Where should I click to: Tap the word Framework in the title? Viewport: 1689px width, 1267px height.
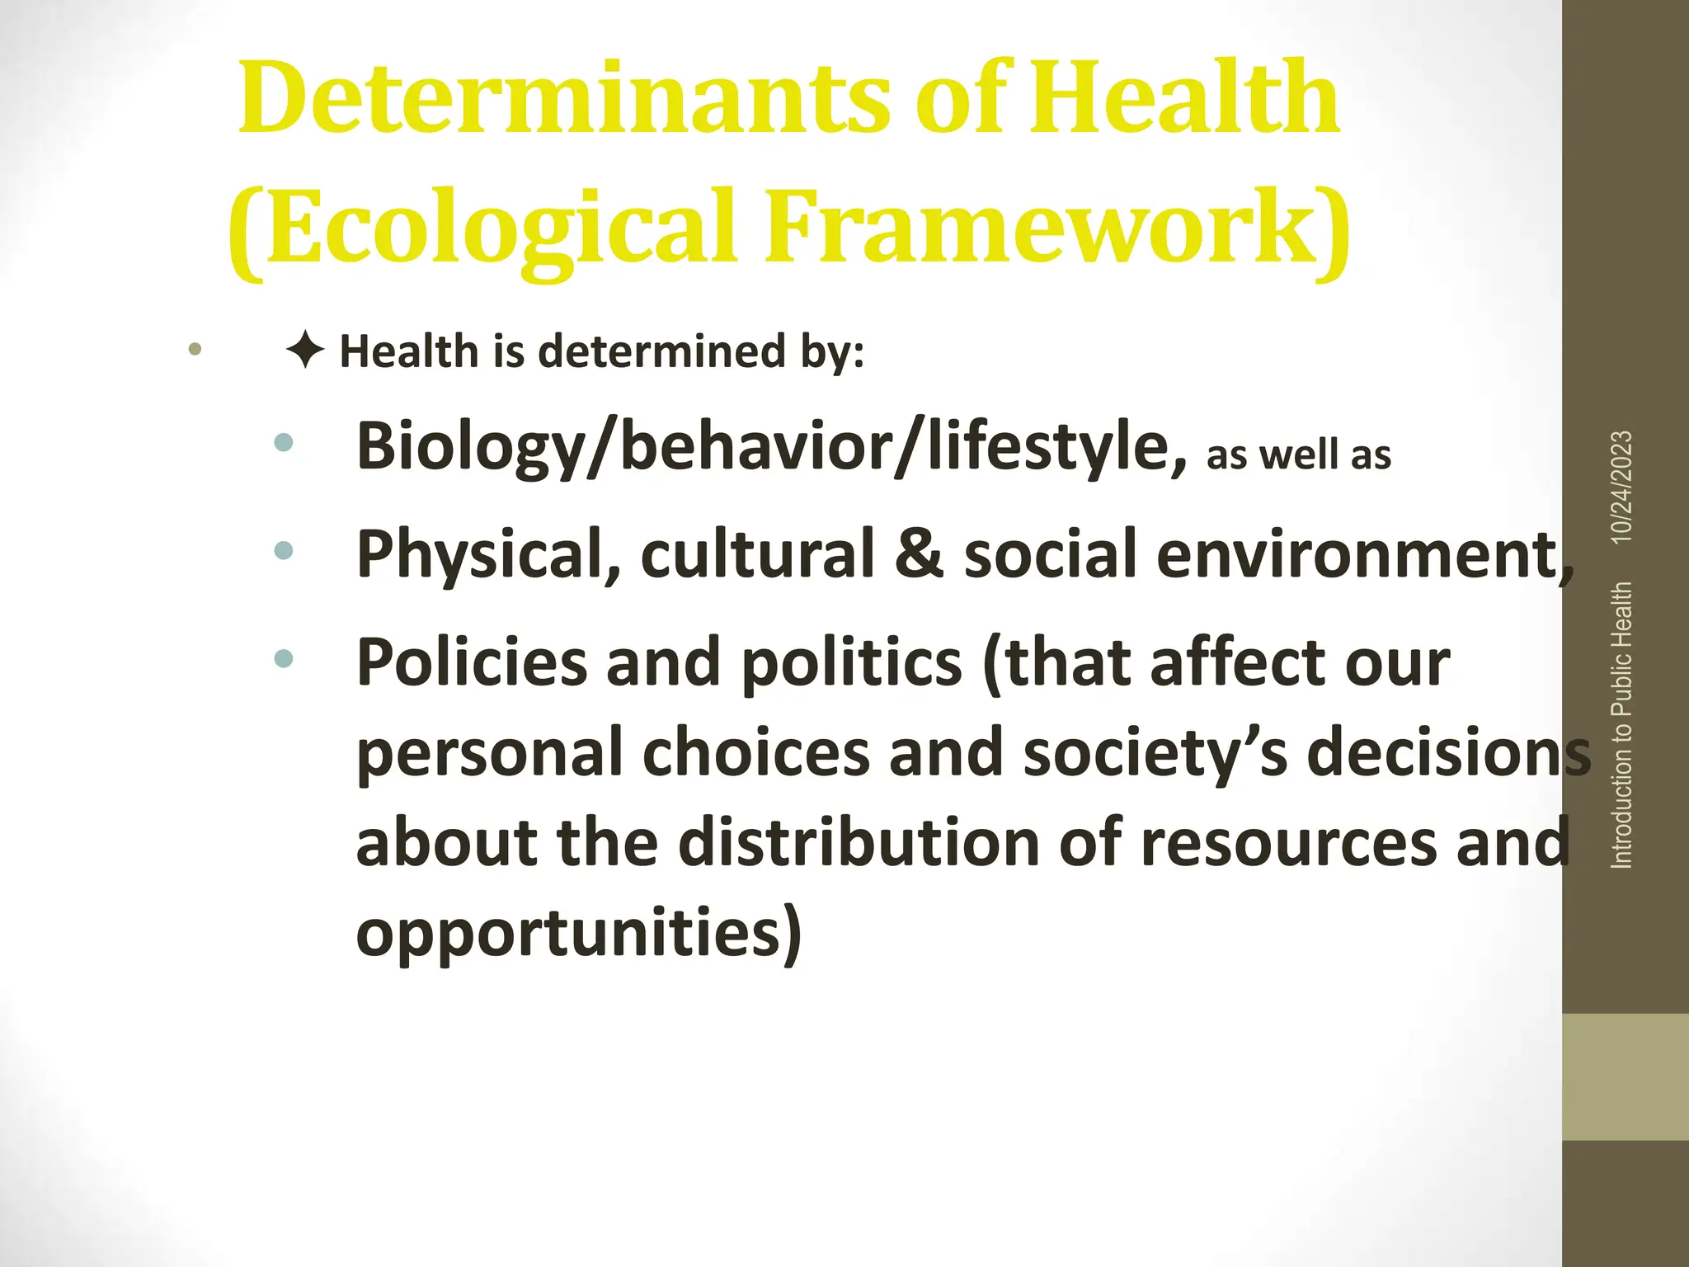pyautogui.click(x=1047, y=227)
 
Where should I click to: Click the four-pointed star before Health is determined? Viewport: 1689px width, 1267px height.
pyautogui.click(x=305, y=351)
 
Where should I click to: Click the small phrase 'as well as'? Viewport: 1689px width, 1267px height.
pyautogui.click(x=1298, y=455)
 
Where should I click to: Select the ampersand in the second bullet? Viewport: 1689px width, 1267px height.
pyautogui.click(x=919, y=553)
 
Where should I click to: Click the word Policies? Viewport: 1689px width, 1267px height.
pyautogui.click(x=471, y=662)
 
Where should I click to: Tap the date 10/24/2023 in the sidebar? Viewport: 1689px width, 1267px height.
pyautogui.click(x=1621, y=487)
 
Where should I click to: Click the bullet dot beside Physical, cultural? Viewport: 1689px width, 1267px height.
pyautogui.click(x=283, y=550)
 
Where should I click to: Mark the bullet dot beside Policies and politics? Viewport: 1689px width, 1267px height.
pyautogui.click(x=283, y=658)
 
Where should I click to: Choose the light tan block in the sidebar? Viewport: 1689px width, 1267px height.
pyautogui.click(x=1625, y=1076)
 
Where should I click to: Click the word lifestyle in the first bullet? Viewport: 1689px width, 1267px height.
pyautogui.click(x=1047, y=447)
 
